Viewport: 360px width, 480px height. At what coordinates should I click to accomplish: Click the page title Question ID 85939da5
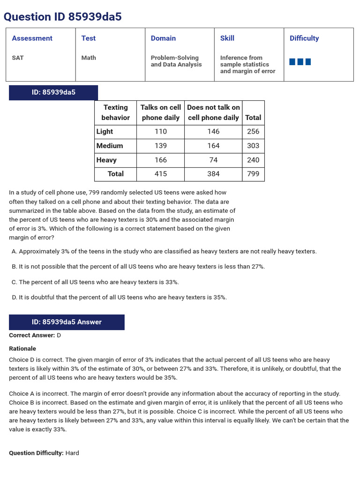62,17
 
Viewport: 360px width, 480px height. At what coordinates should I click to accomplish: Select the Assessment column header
32,38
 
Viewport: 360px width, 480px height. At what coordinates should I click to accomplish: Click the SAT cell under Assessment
18,58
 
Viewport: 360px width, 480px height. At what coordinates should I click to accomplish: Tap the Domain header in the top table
163,38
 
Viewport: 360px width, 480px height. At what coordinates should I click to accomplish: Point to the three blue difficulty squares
300,62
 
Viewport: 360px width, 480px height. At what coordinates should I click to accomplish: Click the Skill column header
227,38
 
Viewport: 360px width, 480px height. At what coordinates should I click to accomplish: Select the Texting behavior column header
115,112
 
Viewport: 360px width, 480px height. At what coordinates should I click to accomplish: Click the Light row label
105,132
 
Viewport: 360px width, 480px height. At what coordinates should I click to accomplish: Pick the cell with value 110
160,132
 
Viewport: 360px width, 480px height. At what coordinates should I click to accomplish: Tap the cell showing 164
213,146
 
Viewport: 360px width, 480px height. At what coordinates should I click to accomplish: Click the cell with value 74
213,160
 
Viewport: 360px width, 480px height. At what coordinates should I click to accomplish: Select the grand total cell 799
253,174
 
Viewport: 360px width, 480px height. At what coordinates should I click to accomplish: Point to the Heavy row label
106,160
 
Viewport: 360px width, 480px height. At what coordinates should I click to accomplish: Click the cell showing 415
160,174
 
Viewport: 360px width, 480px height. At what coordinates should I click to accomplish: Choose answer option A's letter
14,251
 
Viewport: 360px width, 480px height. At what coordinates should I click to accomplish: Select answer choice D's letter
14,297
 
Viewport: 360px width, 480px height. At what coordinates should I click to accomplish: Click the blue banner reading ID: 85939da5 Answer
67,322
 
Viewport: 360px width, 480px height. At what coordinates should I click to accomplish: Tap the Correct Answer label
32,335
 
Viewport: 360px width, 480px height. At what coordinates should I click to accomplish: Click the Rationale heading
22,349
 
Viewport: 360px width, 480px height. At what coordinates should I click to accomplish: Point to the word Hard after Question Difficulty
72,453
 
